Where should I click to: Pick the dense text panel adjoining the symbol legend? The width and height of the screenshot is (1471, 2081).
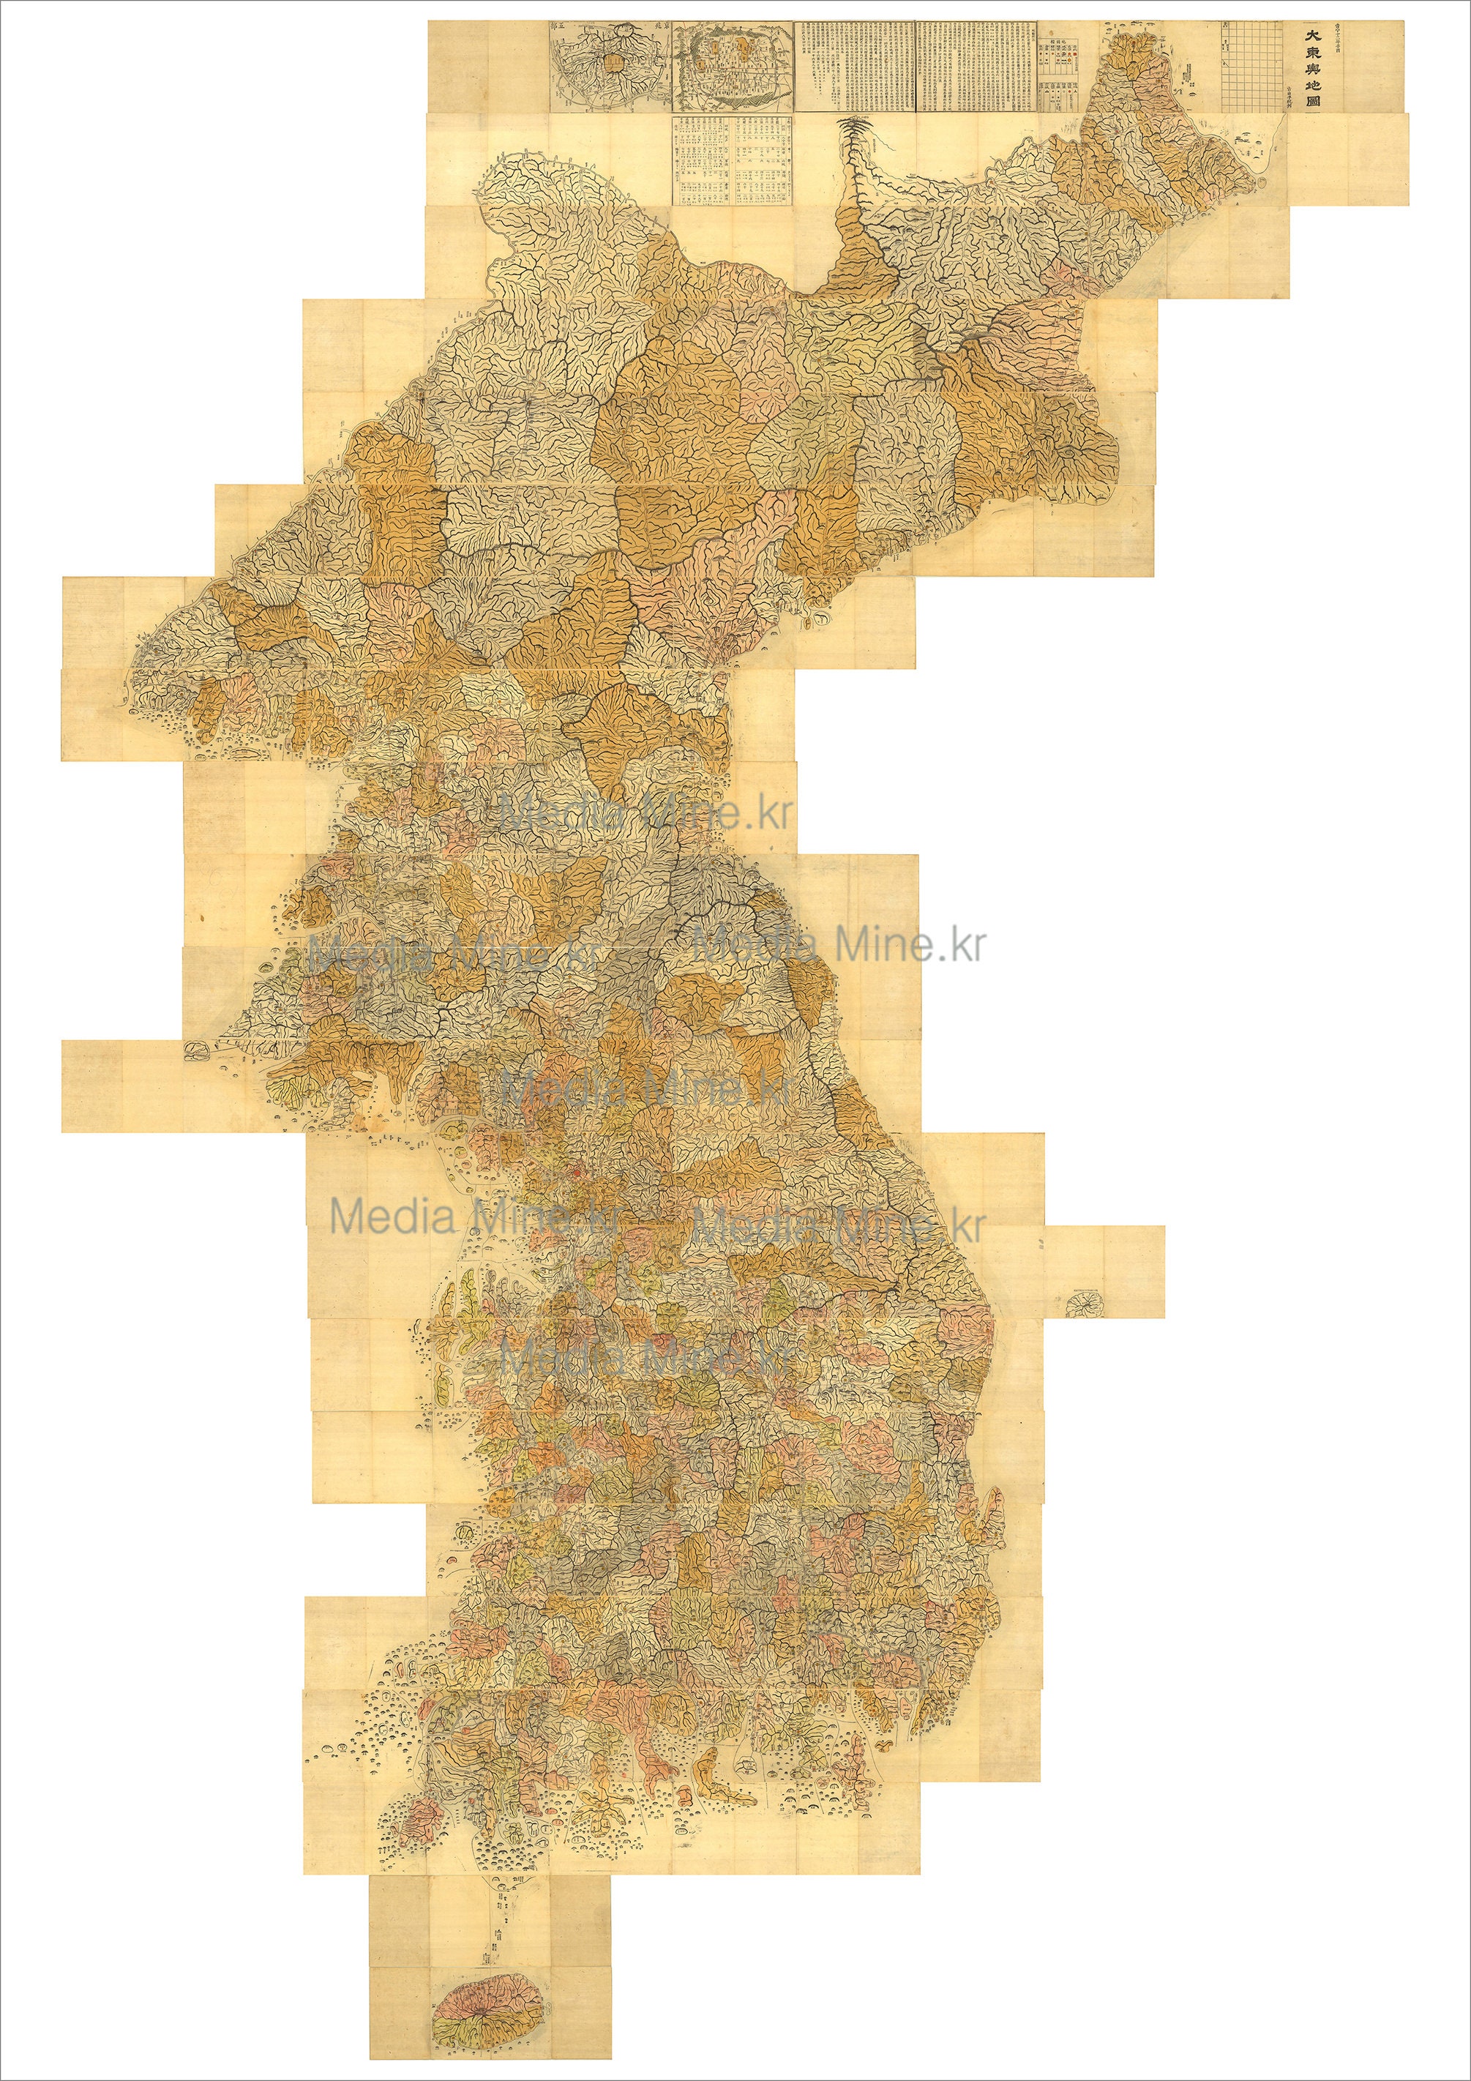977,67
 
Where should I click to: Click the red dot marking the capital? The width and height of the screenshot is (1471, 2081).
574,1176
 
